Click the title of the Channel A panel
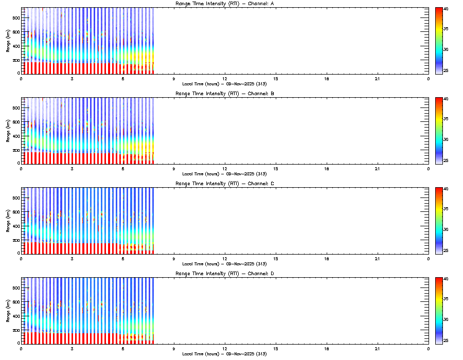[224, 4]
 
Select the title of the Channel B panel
[224, 94]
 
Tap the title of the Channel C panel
[224, 184]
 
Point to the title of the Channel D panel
[224, 274]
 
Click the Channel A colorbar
[439, 41]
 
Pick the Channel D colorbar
[439, 311]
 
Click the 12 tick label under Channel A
[225, 78]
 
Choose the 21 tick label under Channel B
[378, 168]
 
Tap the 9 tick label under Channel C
[174, 258]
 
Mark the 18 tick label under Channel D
[327, 348]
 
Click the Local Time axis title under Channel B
[224, 174]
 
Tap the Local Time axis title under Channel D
[224, 354]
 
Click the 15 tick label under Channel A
[276, 78]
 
